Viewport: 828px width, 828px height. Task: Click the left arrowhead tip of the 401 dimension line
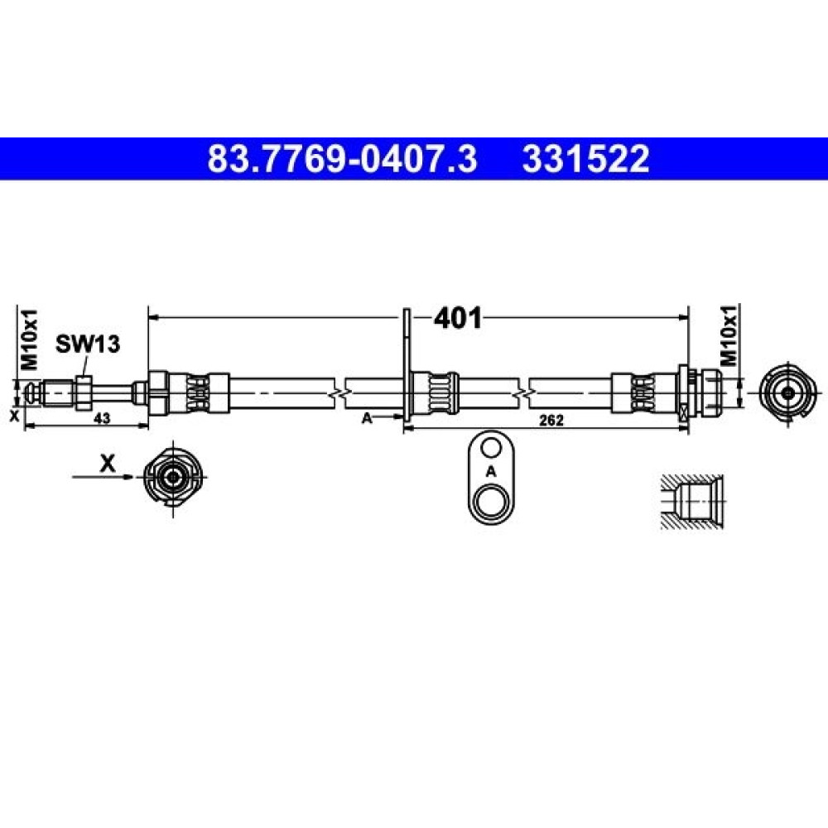coord(149,317)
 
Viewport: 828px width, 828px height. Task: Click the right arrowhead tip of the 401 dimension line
coord(689,317)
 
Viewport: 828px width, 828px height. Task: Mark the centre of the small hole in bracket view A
coord(491,448)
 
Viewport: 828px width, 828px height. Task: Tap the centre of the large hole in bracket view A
coord(491,501)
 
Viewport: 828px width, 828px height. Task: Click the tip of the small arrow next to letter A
coord(404,417)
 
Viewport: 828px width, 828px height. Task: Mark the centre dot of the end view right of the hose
coord(788,392)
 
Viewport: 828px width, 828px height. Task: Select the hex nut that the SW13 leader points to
coord(84,392)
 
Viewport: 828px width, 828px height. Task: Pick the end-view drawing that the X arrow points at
coord(173,478)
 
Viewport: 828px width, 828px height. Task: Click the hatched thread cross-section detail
coord(692,501)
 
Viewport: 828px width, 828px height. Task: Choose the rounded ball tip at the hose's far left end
coord(31,392)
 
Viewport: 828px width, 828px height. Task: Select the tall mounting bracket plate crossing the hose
coord(407,364)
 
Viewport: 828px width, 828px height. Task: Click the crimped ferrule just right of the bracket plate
coord(435,393)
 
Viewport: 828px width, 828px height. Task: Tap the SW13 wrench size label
coord(88,344)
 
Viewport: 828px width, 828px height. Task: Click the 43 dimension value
coord(102,418)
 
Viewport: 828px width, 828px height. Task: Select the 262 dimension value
coord(551,420)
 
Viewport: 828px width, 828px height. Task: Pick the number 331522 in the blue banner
coord(585,159)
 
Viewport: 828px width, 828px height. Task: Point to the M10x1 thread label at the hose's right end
coord(729,335)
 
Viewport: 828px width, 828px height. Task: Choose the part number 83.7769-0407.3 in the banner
coord(342,159)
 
